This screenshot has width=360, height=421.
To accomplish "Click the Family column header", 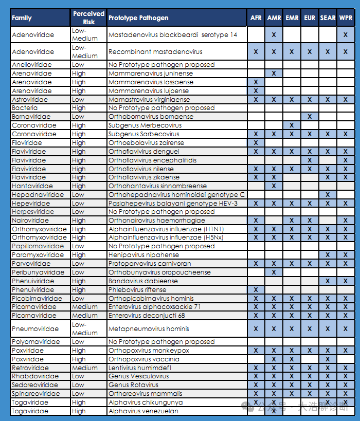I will tap(22, 18).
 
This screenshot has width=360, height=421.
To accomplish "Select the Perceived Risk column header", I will tap(88, 18).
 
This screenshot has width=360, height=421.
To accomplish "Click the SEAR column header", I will tap(328, 18).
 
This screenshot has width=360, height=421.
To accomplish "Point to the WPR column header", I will tap(346, 18).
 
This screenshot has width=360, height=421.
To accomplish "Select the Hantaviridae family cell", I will tap(32, 186).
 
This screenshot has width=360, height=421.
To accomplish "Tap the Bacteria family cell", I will tap(25, 108).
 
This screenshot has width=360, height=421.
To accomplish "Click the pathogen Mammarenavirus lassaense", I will tap(151, 82).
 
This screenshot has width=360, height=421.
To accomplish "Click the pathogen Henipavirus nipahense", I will tap(143, 254).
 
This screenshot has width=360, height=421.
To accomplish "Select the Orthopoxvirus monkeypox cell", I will tap(149, 350).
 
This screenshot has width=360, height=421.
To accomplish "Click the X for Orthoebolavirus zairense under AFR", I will tap(256, 142).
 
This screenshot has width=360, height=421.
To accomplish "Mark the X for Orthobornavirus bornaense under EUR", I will tap(310, 117).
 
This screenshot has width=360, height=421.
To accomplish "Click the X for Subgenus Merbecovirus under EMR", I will tap(292, 125).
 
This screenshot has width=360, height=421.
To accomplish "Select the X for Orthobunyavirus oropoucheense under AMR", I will tap(274, 272).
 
